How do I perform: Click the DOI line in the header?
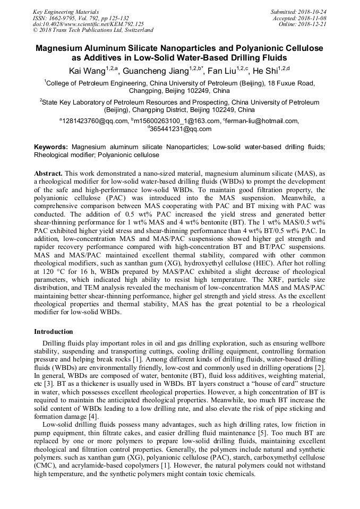click(x=88, y=24)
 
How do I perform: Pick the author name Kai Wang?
click(x=87, y=71)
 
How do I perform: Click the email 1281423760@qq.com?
click(x=95, y=121)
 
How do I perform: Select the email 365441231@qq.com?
click(x=181, y=129)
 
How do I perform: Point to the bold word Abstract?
click(x=49, y=174)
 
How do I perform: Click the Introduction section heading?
click(x=54, y=331)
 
